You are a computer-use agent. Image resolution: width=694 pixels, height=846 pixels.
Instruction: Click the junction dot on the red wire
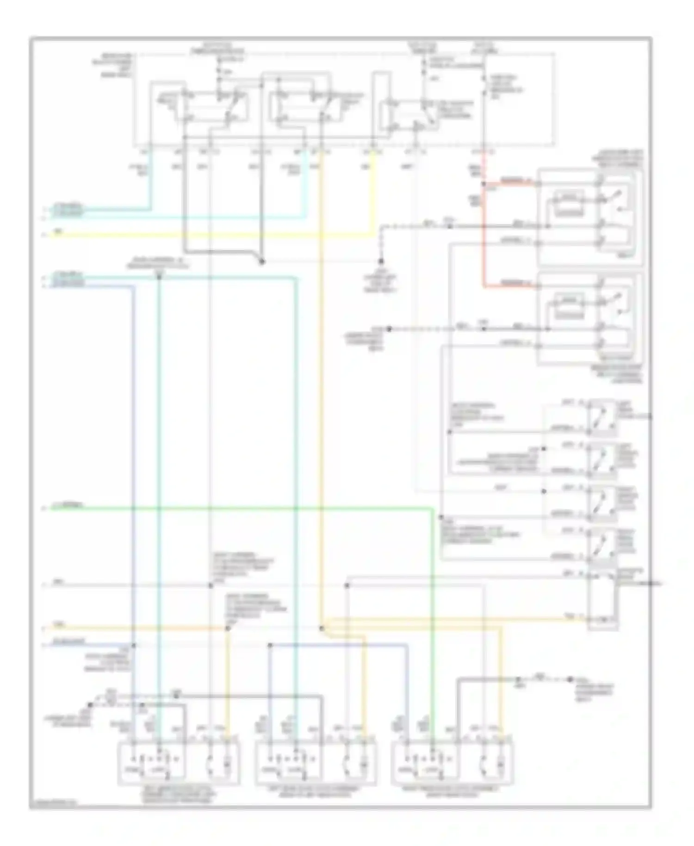(x=484, y=184)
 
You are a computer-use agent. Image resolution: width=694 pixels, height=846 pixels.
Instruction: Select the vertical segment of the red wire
(x=484, y=236)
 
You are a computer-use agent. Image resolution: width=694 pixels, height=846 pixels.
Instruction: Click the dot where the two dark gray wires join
(x=261, y=262)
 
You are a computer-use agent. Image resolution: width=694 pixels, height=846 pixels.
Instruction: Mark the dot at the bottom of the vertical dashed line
(x=381, y=261)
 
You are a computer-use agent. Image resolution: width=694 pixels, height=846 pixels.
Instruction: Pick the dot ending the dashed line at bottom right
(x=570, y=680)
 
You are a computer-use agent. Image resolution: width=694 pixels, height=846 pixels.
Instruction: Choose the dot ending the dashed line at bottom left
(x=91, y=705)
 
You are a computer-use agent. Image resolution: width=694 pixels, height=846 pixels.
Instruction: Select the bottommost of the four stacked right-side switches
(x=602, y=544)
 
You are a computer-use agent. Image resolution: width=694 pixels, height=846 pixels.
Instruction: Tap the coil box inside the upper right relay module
(x=569, y=204)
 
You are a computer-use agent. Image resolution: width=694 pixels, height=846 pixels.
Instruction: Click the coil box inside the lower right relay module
(x=569, y=307)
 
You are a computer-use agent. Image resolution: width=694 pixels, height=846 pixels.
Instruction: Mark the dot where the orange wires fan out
(x=321, y=628)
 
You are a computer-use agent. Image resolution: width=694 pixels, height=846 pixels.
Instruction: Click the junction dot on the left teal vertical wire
(x=159, y=277)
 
